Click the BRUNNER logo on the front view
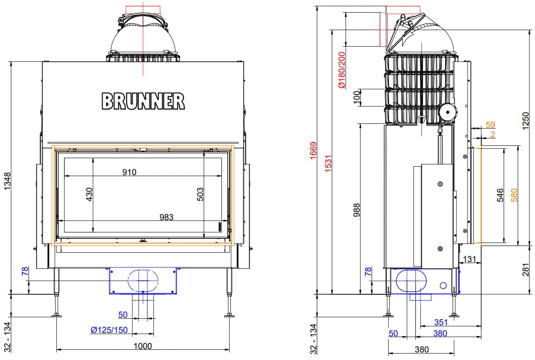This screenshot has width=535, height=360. click(x=143, y=101)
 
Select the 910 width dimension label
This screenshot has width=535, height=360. click(x=129, y=172)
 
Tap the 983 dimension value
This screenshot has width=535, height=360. click(x=166, y=217)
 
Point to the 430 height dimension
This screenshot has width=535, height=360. click(x=89, y=194)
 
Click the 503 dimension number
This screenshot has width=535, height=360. click(x=200, y=194)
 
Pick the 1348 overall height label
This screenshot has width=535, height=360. click(x=7, y=181)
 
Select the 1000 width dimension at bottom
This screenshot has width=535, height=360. click(x=143, y=346)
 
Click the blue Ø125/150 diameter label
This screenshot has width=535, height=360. click(x=109, y=330)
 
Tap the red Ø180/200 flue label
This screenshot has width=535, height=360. click(x=342, y=70)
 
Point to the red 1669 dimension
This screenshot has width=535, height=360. click(x=313, y=151)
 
